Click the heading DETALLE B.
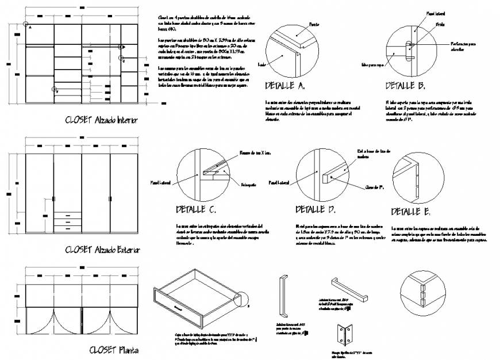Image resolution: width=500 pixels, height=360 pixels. tap(405, 86)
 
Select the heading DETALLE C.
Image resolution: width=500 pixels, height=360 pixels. tap(197, 210)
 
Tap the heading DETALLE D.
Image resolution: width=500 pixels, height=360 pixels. tap(316, 210)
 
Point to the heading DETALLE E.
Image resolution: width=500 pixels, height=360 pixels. tap(410, 212)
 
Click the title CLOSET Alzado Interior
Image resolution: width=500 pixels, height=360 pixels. tap(102, 120)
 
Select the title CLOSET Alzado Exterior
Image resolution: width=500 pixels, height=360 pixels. tap(102, 250)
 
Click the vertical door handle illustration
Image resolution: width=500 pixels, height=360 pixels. tap(283, 296)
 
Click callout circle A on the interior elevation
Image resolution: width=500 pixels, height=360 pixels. tap(26, 24)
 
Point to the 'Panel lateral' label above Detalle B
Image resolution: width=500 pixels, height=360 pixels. tap(433, 11)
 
